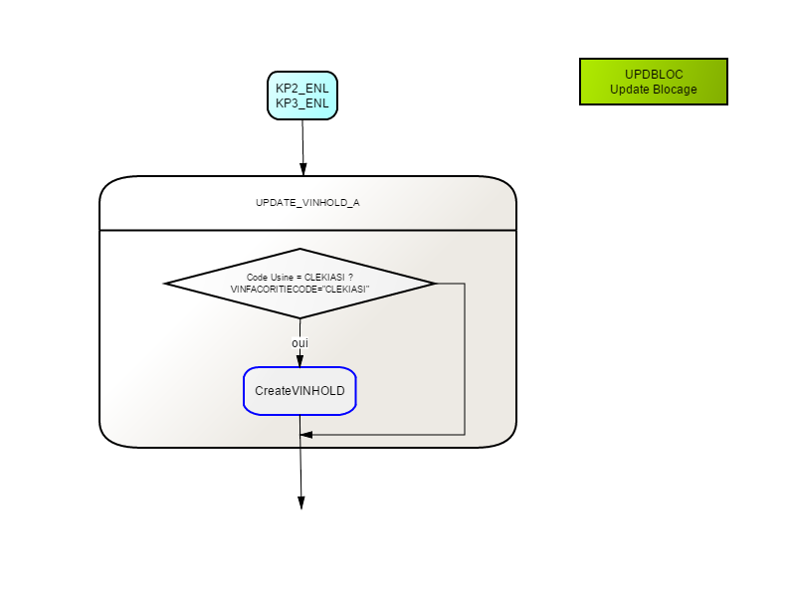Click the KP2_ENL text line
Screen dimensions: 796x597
[302, 89]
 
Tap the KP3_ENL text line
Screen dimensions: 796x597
[302, 103]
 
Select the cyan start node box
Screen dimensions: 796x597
[302, 96]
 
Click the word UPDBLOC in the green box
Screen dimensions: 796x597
[654, 74]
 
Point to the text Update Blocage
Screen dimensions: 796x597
[654, 90]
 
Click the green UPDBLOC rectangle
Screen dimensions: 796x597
[654, 82]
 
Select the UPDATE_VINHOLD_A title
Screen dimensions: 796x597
[307, 203]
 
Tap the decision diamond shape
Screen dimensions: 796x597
[300, 284]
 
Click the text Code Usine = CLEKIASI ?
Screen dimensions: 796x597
[299, 278]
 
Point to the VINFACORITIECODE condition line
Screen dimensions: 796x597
[299, 290]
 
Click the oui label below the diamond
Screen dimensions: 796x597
[300, 343]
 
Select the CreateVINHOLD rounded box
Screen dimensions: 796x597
[300, 391]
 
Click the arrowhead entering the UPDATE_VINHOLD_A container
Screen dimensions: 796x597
[303, 169]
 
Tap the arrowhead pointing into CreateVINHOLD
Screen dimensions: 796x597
[300, 361]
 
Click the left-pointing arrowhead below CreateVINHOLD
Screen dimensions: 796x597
[306, 435]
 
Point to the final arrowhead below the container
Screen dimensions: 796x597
[301, 502]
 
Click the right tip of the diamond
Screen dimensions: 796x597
[436, 284]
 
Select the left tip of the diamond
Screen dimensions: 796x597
[164, 284]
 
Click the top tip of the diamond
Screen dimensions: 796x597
[300, 249]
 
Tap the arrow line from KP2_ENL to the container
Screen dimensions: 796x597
[303, 147]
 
